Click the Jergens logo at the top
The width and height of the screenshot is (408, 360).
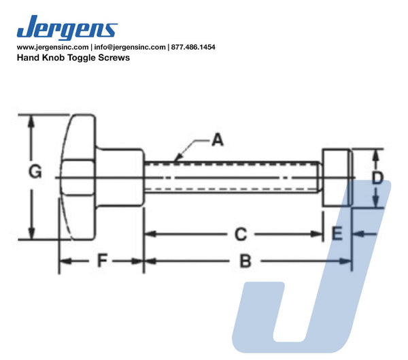67,27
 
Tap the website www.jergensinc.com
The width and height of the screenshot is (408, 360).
52,47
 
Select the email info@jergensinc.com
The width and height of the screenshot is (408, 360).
130,47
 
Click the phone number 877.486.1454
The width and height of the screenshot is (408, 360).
193,47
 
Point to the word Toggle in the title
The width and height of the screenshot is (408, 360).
81,58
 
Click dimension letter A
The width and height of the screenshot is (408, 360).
218,140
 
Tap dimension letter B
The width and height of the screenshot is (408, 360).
245,261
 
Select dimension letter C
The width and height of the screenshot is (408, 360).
241,234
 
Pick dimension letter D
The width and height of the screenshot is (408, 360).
377,178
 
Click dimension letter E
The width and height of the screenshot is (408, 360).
337,233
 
